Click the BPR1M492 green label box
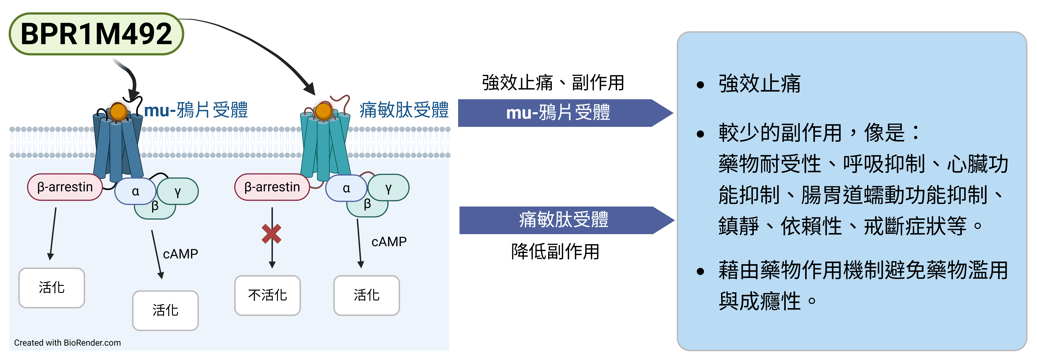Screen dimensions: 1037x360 click(x=96, y=34)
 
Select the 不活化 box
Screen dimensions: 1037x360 click(x=268, y=295)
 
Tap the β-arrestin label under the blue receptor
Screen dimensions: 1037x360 click(x=65, y=187)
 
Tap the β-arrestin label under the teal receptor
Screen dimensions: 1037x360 click(x=272, y=187)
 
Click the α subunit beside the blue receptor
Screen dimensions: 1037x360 click(x=135, y=191)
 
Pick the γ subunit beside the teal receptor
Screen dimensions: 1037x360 click(x=389, y=188)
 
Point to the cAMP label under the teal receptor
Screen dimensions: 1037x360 click(x=389, y=242)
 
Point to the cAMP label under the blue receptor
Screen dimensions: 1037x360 click(x=180, y=254)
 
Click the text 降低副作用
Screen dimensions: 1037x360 click(x=555, y=252)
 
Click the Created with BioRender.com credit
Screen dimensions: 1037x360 click(x=67, y=343)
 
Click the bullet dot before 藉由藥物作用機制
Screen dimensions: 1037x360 click(x=701, y=271)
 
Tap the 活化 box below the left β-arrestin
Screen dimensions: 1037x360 click(x=52, y=288)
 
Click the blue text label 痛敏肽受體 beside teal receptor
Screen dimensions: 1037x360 click(x=404, y=110)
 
